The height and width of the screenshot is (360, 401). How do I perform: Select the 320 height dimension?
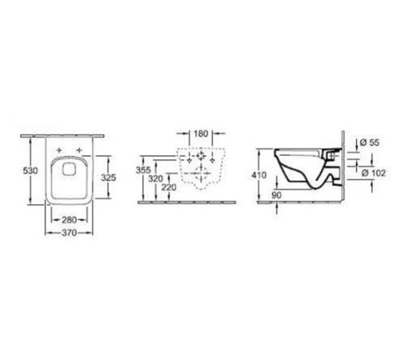coord(156,180)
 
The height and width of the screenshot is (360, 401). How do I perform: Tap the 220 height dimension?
coord(169,187)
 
